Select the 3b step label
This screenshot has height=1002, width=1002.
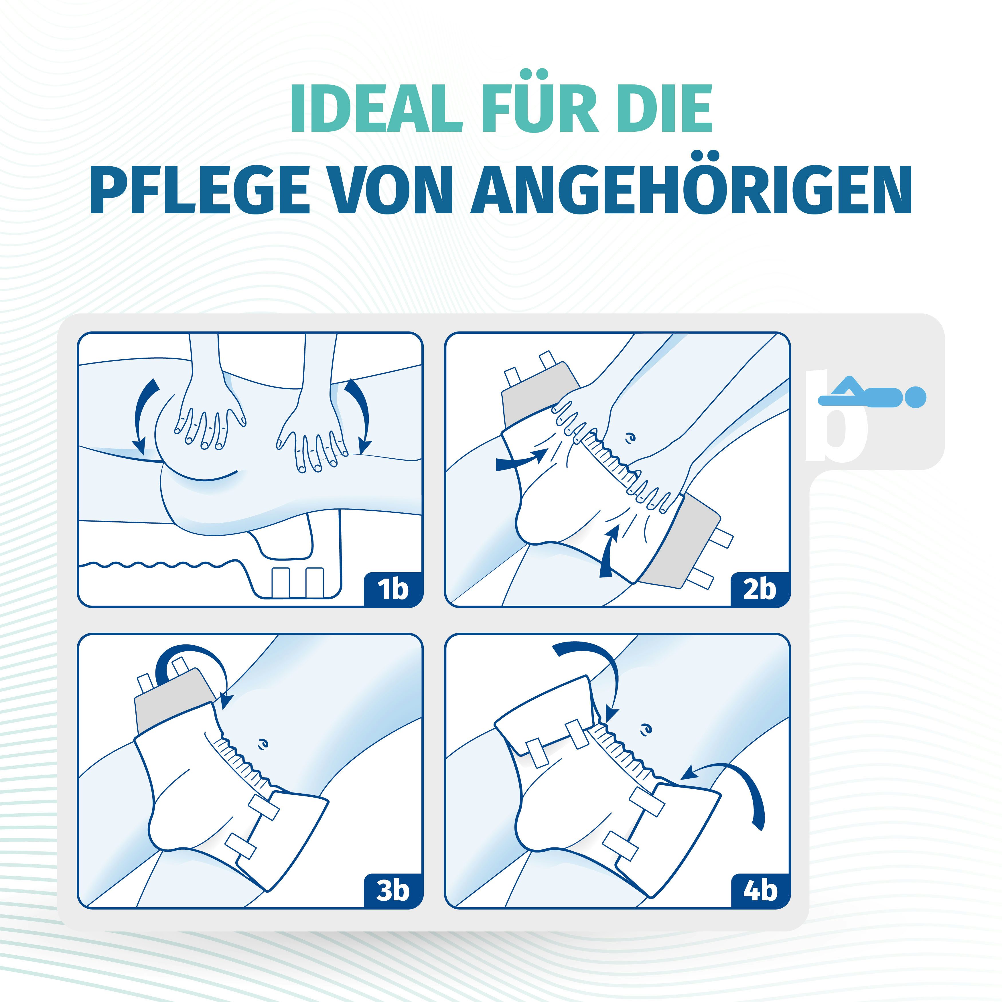pyautogui.click(x=392, y=891)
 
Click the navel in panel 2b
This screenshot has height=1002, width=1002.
pyautogui.click(x=630, y=438)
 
